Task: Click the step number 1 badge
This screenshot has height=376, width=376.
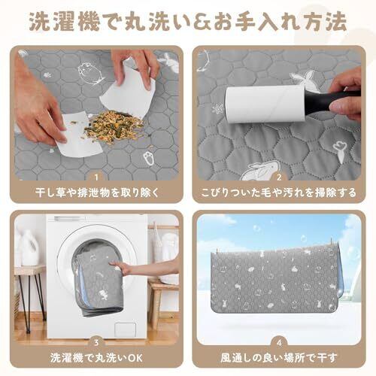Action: click(x=96, y=177)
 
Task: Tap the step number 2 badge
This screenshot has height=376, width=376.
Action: click(x=279, y=177)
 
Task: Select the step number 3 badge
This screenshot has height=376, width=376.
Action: click(x=96, y=342)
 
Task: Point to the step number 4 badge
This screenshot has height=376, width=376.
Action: click(x=279, y=342)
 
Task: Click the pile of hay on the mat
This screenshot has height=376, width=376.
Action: click(x=114, y=127)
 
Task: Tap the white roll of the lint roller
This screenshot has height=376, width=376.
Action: click(x=265, y=105)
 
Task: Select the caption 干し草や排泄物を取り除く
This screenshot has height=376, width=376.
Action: click(x=97, y=193)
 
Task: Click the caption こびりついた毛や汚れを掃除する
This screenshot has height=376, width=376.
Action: click(x=279, y=193)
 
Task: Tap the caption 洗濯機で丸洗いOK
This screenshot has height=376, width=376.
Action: click(x=96, y=358)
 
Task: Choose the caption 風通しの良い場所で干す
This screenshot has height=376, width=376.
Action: click(x=279, y=358)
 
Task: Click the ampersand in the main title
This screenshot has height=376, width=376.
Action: click(x=203, y=22)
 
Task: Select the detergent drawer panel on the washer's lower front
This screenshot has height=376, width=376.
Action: click(x=125, y=329)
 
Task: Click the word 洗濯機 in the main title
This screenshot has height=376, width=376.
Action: click(x=65, y=22)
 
